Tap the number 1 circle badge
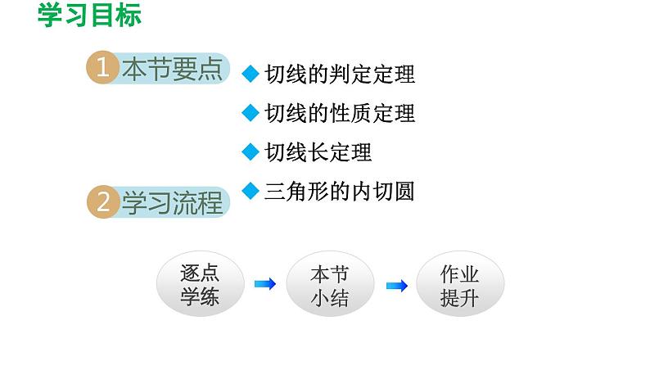click(102, 70)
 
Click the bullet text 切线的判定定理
click(340, 75)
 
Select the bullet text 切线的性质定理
click(340, 113)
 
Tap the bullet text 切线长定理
click(318, 151)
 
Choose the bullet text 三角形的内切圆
click(340, 191)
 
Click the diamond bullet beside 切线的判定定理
click(251, 73)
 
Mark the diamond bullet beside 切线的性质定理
click(251, 111)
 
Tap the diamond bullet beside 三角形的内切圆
click(251, 189)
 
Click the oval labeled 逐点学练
click(201, 285)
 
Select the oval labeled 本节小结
click(330, 285)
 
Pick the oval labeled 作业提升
click(459, 285)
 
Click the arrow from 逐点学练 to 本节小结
click(265, 284)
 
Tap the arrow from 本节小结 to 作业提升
click(396, 285)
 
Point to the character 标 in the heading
click(128, 16)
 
